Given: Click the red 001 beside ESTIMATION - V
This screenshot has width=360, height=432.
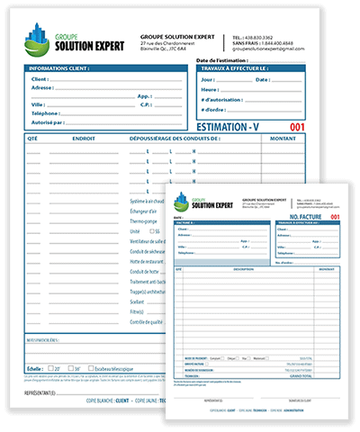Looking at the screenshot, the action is [322, 128].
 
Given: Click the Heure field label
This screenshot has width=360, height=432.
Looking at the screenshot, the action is [211, 90].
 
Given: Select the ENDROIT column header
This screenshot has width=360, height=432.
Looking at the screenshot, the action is [85, 139].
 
